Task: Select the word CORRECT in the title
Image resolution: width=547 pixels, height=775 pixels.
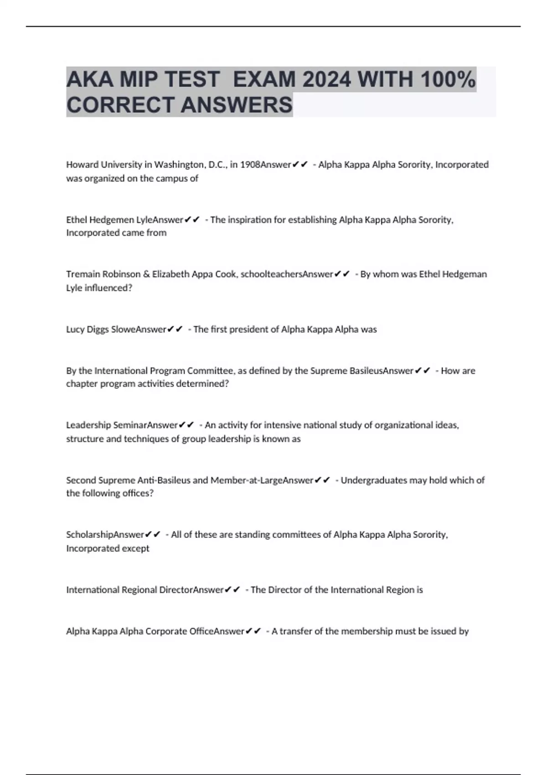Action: (120, 105)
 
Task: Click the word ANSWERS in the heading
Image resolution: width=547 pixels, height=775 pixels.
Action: (237, 105)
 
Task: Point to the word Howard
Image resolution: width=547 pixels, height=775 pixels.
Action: (80, 165)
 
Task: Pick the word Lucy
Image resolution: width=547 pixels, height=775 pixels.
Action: (74, 330)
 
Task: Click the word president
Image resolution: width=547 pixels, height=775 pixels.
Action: (253, 330)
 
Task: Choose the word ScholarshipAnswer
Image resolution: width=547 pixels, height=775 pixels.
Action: (105, 535)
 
